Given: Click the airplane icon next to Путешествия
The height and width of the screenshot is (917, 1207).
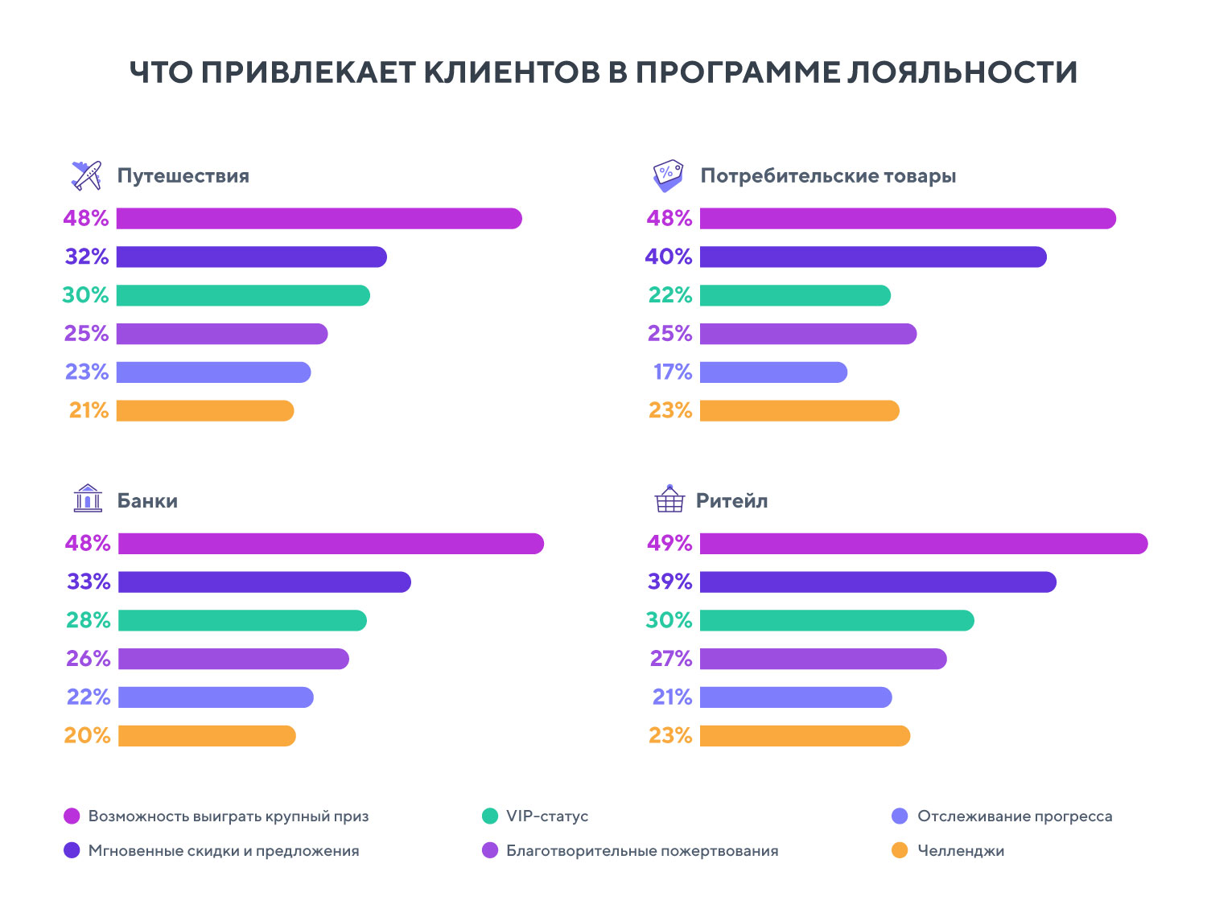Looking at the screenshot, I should pos(87,175).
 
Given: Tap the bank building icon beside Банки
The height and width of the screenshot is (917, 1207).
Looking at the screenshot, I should pos(88,499).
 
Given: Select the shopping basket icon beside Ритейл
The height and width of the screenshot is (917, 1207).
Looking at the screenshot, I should pos(669,499).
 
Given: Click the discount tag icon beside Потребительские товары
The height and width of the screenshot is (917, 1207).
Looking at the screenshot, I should pos(668,175).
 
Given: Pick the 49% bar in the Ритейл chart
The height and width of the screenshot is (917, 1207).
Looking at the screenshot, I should pos(923,544).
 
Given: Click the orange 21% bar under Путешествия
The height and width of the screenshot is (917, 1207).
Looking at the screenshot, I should pos(205,411).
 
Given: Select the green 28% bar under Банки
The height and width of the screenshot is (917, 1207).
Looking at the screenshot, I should pos(242,620).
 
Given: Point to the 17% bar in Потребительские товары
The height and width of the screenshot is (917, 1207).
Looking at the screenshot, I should pos(773,372).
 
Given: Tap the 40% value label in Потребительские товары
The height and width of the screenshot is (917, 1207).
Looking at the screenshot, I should pos(669,257).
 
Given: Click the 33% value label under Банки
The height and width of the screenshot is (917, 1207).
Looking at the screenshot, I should pos(89,582).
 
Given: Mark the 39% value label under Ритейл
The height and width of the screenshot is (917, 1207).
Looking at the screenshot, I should pos(670,582).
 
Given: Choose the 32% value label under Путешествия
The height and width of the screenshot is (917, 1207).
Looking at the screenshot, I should pos(87,257).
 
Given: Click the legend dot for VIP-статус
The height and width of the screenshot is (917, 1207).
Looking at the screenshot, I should pos(490,816).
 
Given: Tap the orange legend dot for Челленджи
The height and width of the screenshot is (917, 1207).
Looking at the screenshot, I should pos(900,850).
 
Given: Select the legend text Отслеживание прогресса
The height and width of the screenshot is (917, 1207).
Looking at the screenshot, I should pos(1015,816).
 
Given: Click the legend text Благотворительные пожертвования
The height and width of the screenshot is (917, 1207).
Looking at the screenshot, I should pos(642,851).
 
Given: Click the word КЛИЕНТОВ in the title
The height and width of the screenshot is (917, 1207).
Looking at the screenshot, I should pos(512,72).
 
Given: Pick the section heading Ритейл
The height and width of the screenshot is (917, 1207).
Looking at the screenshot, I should pos(731,500).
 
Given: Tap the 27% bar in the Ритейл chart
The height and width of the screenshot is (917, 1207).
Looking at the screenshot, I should pos(823,659).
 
